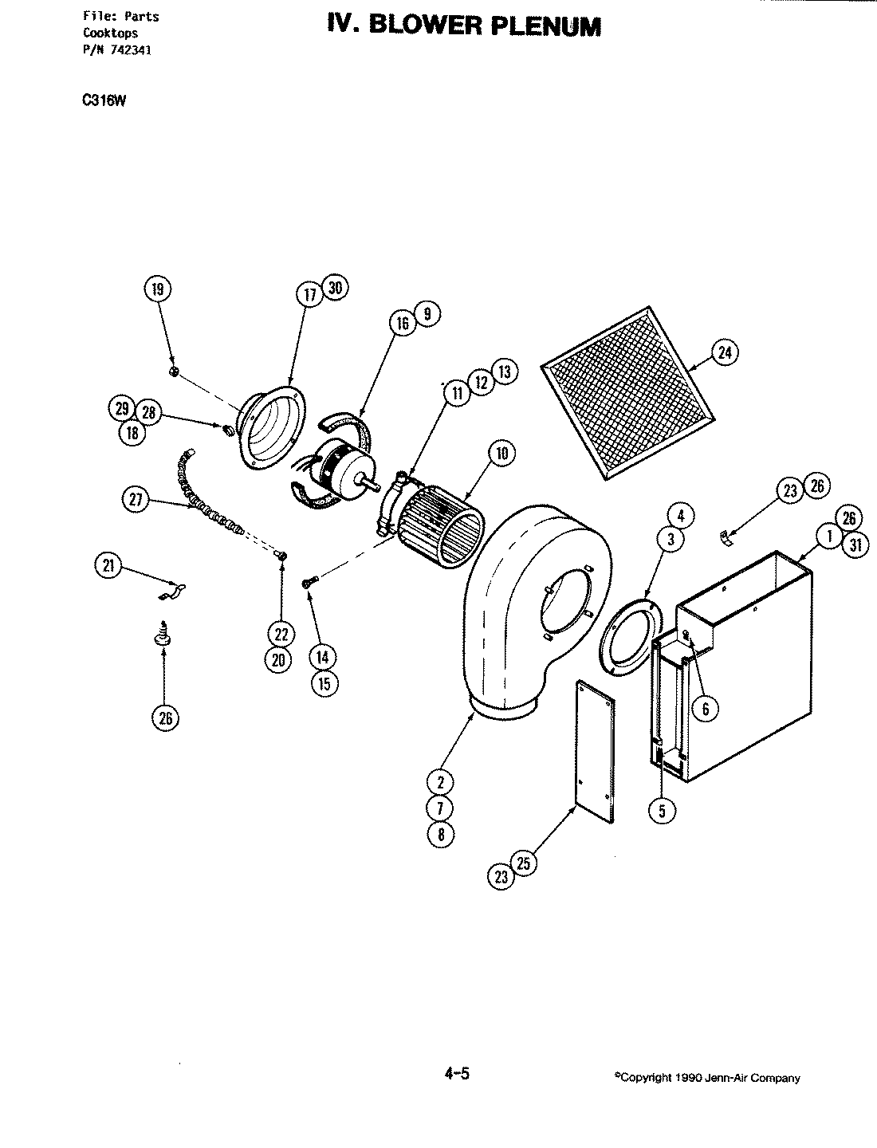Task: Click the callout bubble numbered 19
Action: pos(157,289)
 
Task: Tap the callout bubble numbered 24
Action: pos(724,352)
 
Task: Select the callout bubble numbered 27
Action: pos(135,500)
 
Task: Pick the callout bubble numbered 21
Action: pos(108,567)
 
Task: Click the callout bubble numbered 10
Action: pos(501,454)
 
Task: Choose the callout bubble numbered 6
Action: pos(705,706)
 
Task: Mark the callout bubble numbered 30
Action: pos(336,289)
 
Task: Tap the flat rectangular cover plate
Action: pos(595,750)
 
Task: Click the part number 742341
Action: pos(130,49)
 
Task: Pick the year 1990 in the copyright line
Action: pos(686,1078)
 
